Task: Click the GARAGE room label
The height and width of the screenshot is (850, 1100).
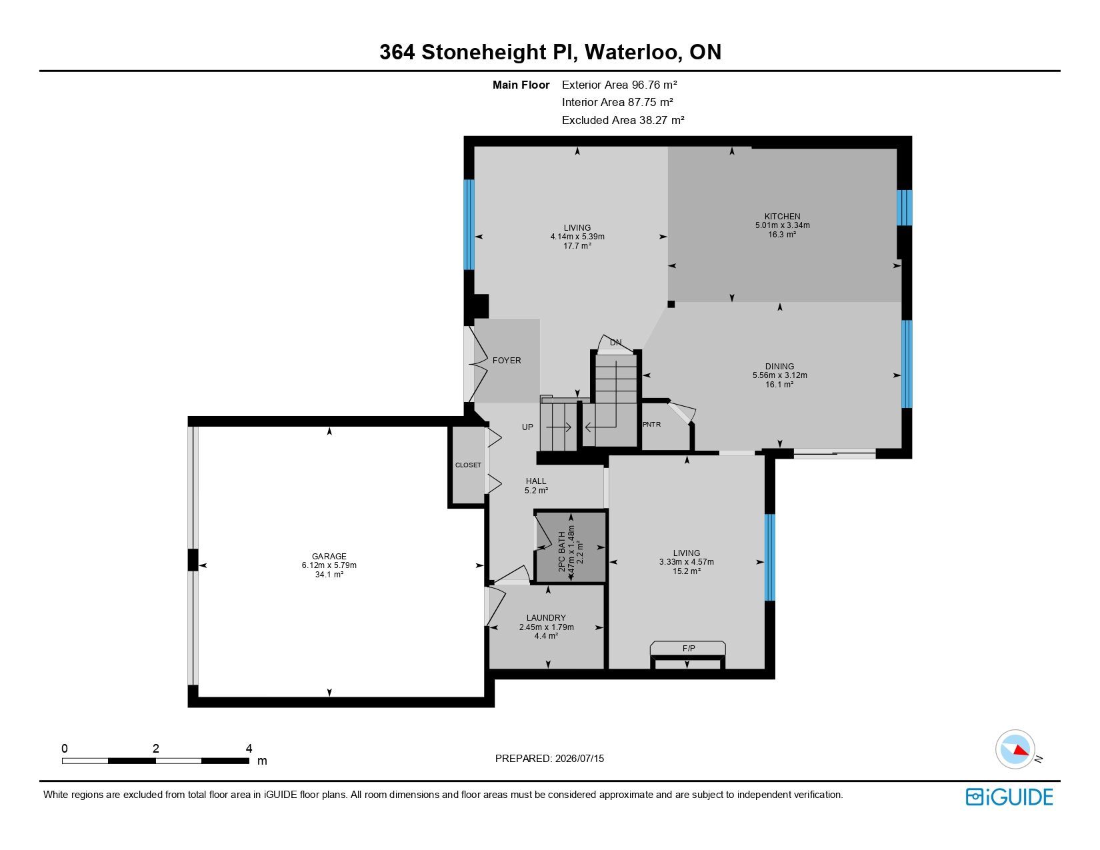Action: pos(329,556)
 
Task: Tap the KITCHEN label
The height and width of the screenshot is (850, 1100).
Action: pos(782,216)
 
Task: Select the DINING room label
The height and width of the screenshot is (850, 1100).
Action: pos(779,366)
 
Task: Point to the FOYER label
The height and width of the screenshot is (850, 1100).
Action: pos(507,361)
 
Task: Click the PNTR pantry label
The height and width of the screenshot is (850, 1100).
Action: pos(651,424)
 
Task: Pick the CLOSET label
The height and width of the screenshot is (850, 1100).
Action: pos(468,465)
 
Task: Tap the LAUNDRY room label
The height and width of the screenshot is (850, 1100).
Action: pos(546,617)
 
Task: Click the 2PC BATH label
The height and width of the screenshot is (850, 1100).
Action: pos(561,551)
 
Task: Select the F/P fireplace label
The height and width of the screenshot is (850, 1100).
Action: pos(689,648)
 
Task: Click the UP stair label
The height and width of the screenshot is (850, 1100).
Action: pos(527,427)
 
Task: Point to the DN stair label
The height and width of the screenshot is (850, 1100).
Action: pos(615,342)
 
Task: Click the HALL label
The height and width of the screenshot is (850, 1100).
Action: pos(536,481)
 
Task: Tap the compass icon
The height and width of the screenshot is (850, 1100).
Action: pos(1015,749)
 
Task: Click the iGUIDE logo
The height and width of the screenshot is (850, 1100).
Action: pos(1009,797)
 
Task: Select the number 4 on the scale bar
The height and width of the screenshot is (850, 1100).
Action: pos(249,748)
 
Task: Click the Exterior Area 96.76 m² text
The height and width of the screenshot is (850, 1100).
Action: pos(619,85)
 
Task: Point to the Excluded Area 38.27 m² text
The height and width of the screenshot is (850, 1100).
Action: pos(623,120)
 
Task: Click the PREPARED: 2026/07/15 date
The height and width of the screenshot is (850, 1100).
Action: pos(550,759)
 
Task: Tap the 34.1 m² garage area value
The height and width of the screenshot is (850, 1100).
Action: pos(329,575)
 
